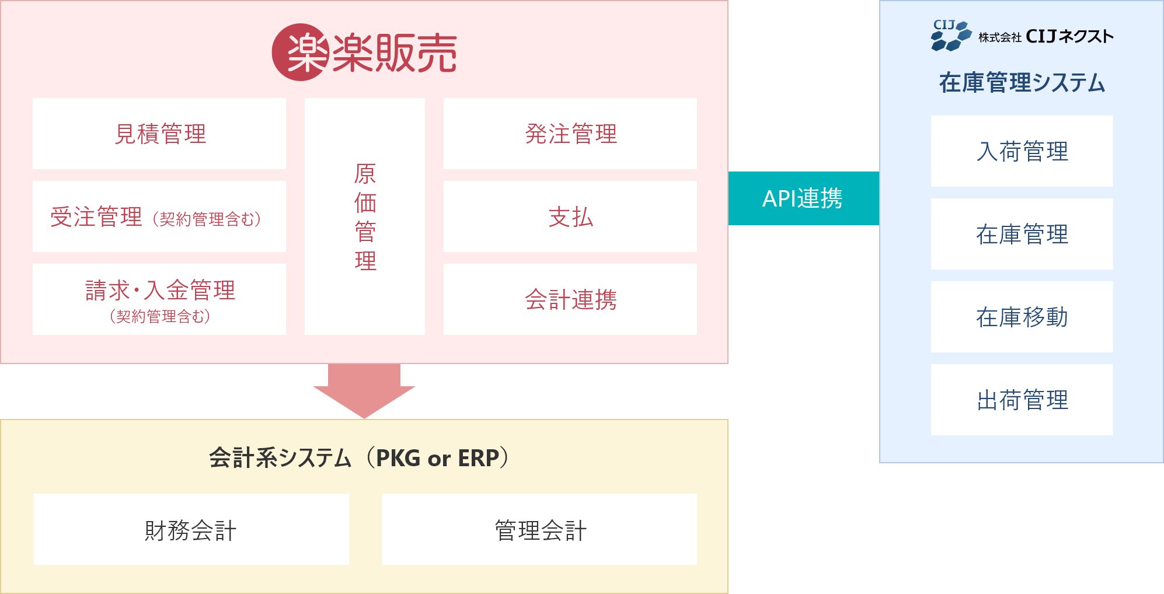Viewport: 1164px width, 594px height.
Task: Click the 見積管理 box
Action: tap(159, 134)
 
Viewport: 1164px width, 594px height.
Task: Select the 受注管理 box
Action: tap(159, 216)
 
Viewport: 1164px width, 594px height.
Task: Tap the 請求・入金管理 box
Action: tap(159, 299)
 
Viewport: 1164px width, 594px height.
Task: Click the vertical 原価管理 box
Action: tap(365, 216)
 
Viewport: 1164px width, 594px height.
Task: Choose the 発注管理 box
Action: tap(570, 134)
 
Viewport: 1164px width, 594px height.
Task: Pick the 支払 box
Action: tap(570, 216)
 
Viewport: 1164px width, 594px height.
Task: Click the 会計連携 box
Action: tap(570, 299)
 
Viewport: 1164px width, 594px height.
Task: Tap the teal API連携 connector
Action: tap(803, 198)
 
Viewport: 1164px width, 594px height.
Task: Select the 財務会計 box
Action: tap(191, 529)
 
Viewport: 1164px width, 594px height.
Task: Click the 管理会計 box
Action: tap(539, 529)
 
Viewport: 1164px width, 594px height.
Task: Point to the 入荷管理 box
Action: tap(1022, 151)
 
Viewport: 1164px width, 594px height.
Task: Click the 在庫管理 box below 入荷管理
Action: tap(1022, 234)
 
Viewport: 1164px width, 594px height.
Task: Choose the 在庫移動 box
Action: tap(1022, 317)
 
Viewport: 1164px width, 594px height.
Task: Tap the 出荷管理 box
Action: tap(1022, 400)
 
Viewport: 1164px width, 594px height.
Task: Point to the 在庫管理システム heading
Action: tap(1022, 83)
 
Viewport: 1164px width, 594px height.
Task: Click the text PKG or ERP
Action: tap(437, 459)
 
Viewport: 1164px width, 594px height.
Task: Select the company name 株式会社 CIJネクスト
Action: tap(1046, 37)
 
